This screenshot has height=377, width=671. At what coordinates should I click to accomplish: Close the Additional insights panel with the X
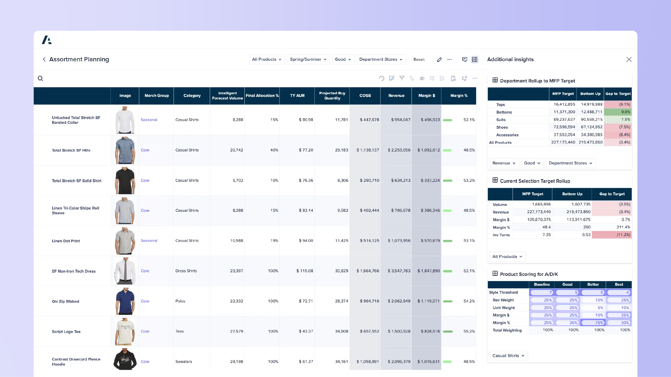click(629, 60)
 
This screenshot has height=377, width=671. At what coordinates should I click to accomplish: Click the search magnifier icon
click(40, 78)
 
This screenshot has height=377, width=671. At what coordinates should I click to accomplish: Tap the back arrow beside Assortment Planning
click(44, 59)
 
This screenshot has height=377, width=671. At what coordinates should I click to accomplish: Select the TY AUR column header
click(297, 96)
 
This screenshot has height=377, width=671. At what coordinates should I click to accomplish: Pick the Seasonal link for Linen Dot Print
click(149, 241)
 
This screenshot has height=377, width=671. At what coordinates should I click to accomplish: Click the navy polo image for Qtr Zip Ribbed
click(125, 301)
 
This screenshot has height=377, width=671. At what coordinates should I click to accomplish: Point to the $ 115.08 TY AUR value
click(305, 271)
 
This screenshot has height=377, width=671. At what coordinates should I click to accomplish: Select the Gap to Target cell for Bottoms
click(618, 112)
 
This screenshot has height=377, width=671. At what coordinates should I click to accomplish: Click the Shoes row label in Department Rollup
click(502, 127)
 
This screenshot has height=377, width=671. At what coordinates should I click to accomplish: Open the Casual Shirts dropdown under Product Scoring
click(508, 356)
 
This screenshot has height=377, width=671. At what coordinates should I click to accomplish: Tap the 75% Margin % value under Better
click(593, 323)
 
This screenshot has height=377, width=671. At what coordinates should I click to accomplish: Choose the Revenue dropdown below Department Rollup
click(504, 163)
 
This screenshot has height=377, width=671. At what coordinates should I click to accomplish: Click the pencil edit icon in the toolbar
click(439, 60)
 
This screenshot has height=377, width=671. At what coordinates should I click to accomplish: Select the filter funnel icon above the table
click(402, 78)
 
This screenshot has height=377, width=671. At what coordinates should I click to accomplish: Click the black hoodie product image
click(125, 360)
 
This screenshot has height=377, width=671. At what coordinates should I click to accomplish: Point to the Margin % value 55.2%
click(469, 331)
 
